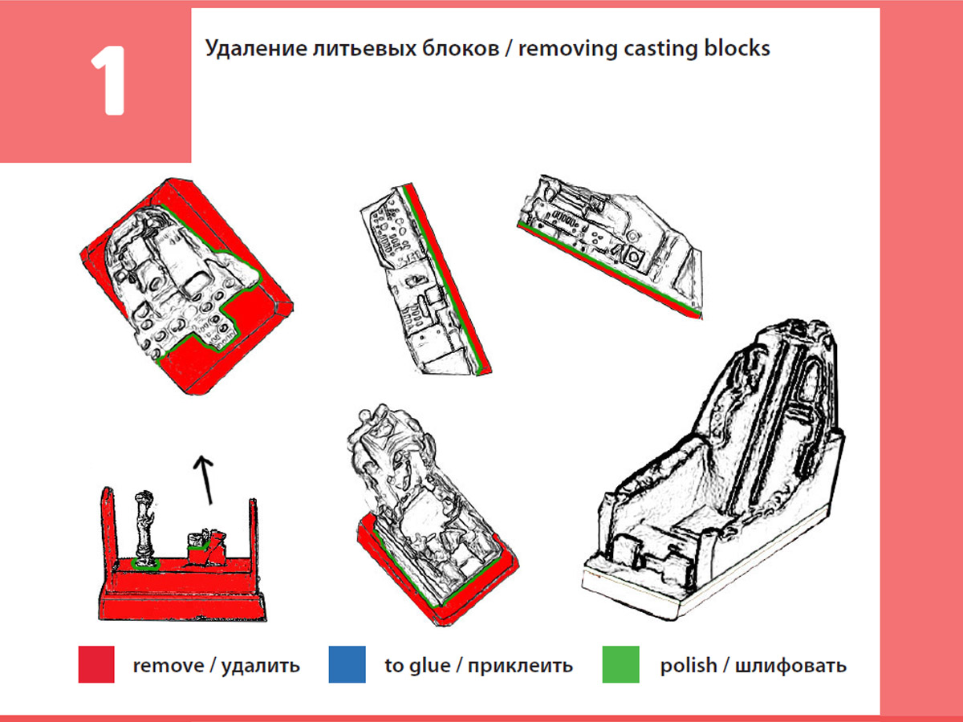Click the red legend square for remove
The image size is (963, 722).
(x=96, y=664)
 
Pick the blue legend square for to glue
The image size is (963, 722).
(x=347, y=664)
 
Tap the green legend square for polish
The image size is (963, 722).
(x=620, y=664)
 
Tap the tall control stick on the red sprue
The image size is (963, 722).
(x=144, y=526)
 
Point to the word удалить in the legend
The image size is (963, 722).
(x=261, y=665)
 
